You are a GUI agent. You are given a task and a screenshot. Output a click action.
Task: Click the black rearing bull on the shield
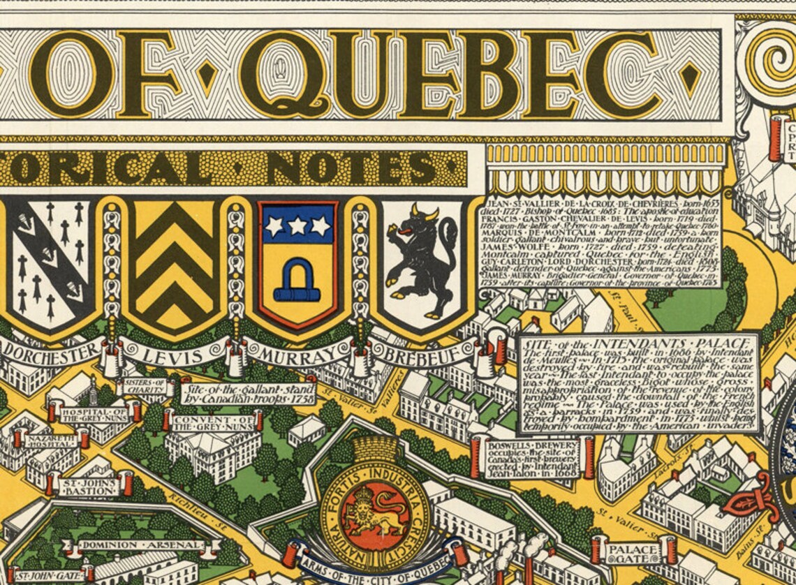[x=423, y=258]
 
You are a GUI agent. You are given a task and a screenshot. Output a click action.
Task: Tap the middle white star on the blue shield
[x=298, y=225]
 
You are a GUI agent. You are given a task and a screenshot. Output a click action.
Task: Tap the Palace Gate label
[x=633, y=549]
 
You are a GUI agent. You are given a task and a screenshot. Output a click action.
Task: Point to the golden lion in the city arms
[x=377, y=517]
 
